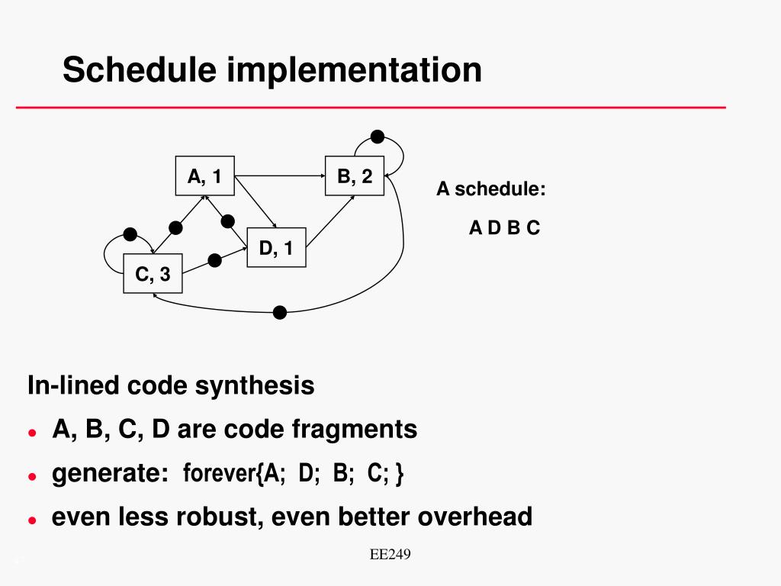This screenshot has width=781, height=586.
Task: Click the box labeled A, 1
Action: (x=204, y=176)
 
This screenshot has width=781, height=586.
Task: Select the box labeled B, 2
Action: (x=355, y=176)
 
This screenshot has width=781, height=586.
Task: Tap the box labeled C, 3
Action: (x=153, y=273)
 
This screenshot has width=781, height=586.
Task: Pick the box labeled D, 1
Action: (x=276, y=247)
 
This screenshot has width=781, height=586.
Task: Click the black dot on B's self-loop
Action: (x=377, y=137)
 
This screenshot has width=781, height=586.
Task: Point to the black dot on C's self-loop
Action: (x=130, y=233)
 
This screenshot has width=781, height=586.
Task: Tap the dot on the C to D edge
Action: (x=215, y=260)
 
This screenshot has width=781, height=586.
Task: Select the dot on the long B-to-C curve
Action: (x=280, y=312)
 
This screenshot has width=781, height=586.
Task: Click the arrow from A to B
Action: (x=279, y=176)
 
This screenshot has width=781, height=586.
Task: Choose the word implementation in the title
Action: (x=354, y=70)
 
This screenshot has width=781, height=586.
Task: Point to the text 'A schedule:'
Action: (x=490, y=189)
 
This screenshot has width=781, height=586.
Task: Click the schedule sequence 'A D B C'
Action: (x=504, y=227)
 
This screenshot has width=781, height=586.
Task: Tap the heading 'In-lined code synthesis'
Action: (x=171, y=385)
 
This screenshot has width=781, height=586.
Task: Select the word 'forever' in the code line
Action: (x=219, y=474)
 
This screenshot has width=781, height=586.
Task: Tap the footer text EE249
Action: (x=390, y=555)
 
